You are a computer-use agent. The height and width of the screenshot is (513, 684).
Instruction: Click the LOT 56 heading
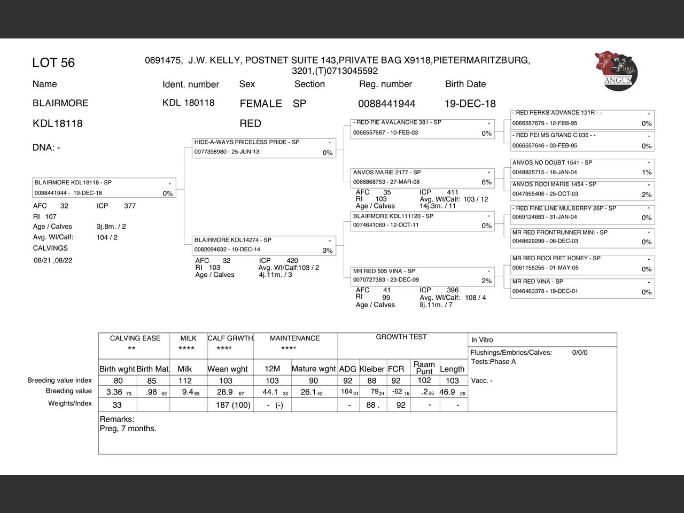[53, 63]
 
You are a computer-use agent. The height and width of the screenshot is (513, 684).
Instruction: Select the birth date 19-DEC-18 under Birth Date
[470, 104]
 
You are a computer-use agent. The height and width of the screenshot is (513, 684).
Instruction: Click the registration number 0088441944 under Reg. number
[386, 104]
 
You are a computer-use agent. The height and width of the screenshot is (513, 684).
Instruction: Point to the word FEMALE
[261, 104]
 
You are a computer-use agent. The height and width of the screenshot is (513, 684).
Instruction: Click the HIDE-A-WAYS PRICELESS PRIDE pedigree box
[263, 147]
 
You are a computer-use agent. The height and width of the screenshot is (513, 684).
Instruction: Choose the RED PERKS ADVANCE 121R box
[582, 118]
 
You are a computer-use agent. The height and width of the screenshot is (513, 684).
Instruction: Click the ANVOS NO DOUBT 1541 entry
[582, 167]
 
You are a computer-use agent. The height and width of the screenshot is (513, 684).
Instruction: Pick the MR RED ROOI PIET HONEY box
[582, 263]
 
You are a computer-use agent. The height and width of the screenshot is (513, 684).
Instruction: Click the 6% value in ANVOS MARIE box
[486, 182]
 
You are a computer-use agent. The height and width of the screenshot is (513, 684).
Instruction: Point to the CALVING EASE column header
[135, 338]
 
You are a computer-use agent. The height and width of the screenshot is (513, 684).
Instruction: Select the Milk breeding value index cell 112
[185, 380]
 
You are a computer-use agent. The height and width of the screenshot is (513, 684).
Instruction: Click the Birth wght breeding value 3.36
[115, 392]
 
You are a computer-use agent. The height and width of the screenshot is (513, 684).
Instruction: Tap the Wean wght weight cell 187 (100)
[233, 405]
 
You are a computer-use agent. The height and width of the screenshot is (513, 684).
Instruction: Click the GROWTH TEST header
[401, 337]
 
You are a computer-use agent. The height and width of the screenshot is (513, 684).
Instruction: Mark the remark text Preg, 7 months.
[128, 429]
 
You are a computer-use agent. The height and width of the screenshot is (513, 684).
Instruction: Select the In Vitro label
[482, 340]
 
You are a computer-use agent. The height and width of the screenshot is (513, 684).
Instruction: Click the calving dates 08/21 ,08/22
[53, 260]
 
